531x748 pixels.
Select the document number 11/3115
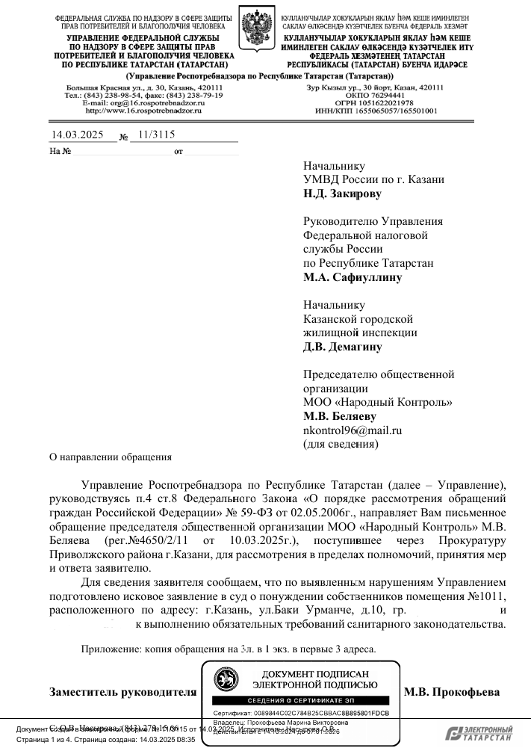point(153,135)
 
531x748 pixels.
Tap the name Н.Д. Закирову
point(342,194)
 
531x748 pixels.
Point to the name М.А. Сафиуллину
point(353,277)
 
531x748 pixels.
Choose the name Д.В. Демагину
point(343,347)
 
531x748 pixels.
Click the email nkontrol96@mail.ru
point(353,430)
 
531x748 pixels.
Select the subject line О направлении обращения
point(111,457)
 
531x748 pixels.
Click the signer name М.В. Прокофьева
point(452,691)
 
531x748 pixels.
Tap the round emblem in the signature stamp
point(224,679)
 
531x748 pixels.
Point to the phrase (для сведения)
point(341,444)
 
